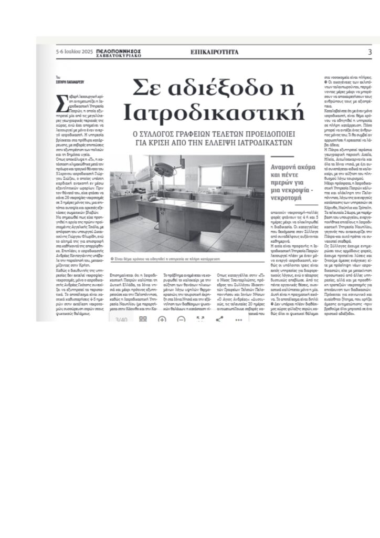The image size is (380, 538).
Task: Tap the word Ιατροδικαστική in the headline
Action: pos(215,112)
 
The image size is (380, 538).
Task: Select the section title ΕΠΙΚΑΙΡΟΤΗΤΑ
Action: pos(214,52)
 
